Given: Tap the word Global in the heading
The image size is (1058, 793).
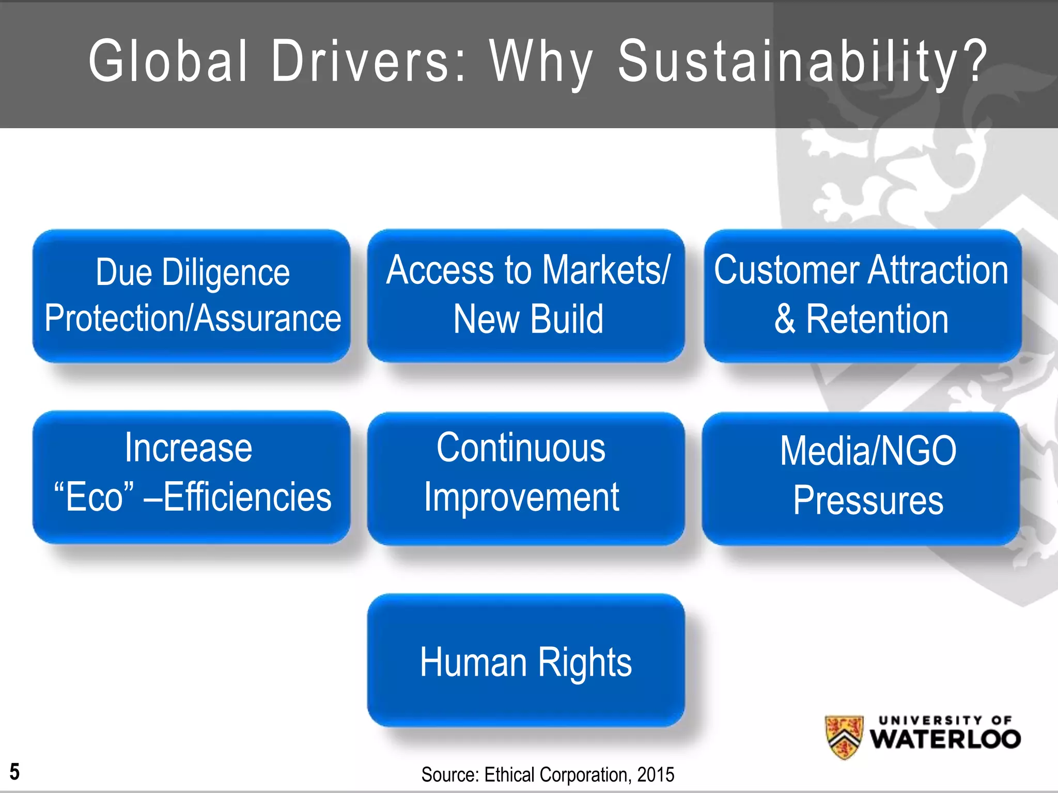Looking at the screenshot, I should tap(168, 61).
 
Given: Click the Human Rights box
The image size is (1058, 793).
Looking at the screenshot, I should tap(526, 661).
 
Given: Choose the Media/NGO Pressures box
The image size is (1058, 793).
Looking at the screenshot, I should tap(861, 478).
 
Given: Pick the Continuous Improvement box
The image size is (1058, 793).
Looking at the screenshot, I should tap(526, 478).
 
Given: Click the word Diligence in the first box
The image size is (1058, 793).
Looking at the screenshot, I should tap(226, 273).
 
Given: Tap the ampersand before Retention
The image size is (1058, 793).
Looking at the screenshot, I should tap(785, 319).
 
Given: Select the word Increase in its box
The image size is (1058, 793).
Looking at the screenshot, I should tap(189, 448).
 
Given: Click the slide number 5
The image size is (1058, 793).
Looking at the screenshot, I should tap(14, 772).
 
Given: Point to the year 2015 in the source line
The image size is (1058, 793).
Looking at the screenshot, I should tap(656, 775).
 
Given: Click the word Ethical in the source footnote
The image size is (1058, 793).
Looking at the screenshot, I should tap(509, 775).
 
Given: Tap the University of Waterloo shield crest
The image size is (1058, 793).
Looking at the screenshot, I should tap(844, 737).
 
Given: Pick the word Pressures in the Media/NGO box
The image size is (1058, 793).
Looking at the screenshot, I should tap(868, 500).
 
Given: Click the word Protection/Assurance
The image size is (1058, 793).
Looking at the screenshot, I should tap(193, 319).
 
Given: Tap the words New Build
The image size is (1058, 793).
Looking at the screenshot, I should tap(528, 319).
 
